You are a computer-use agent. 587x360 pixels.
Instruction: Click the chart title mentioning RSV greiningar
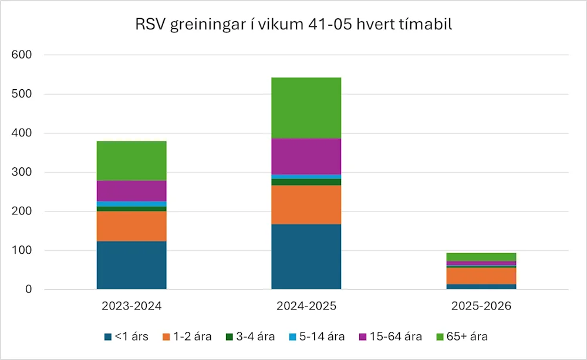293,26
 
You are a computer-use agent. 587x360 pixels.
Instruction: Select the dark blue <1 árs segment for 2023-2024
131,265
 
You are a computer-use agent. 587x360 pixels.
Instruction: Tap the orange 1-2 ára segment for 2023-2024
131,226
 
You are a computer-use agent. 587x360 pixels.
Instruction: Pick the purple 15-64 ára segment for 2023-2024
131,191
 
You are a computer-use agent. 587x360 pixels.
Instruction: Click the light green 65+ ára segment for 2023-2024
131,161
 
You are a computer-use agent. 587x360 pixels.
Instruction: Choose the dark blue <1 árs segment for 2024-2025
306,257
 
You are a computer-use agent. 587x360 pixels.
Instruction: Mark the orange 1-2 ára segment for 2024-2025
306,205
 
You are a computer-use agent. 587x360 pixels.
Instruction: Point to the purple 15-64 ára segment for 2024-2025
306,156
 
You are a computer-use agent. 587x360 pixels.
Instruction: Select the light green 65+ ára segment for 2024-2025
306,108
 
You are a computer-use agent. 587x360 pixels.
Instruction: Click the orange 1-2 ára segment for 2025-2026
481,276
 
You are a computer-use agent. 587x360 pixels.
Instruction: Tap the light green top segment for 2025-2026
481,257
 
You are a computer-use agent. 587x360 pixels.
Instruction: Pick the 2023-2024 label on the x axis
131,307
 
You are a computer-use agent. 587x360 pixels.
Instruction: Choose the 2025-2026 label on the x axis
481,307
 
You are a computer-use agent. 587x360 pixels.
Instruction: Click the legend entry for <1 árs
126,337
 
